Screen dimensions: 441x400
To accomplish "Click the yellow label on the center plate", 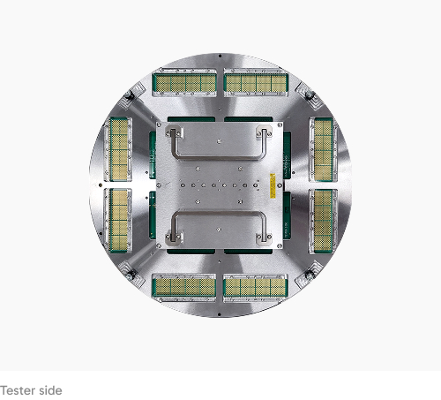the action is (273, 185).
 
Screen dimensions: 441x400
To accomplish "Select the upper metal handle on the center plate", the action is (219, 158).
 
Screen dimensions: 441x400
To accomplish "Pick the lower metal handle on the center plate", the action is (219, 213).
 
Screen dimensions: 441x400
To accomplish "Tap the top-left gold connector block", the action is (184, 83).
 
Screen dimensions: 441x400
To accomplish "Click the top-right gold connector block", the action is (256, 83).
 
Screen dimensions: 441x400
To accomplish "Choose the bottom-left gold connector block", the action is (184, 287).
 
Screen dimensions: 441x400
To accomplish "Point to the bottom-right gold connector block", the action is (255, 288).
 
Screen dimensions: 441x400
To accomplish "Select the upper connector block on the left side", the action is (119, 149).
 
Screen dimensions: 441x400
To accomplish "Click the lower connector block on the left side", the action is (119, 221).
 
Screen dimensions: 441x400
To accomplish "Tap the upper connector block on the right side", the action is (324, 149).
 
